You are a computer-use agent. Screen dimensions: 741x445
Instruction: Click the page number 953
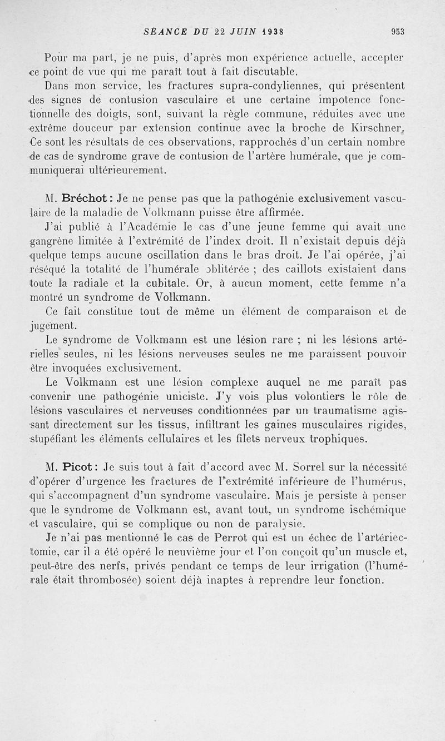[x=397, y=32]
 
